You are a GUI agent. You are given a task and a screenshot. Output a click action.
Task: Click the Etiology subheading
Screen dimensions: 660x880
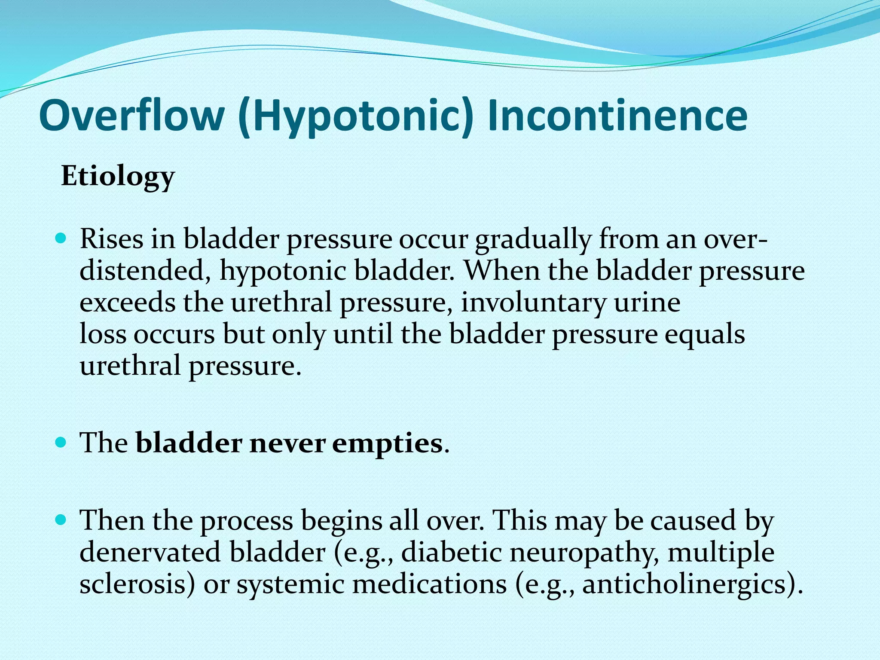pos(118,177)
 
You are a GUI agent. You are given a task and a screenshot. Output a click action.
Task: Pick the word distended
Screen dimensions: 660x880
pos(144,271)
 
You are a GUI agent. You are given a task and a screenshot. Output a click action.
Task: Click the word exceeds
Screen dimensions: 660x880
pos(127,302)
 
